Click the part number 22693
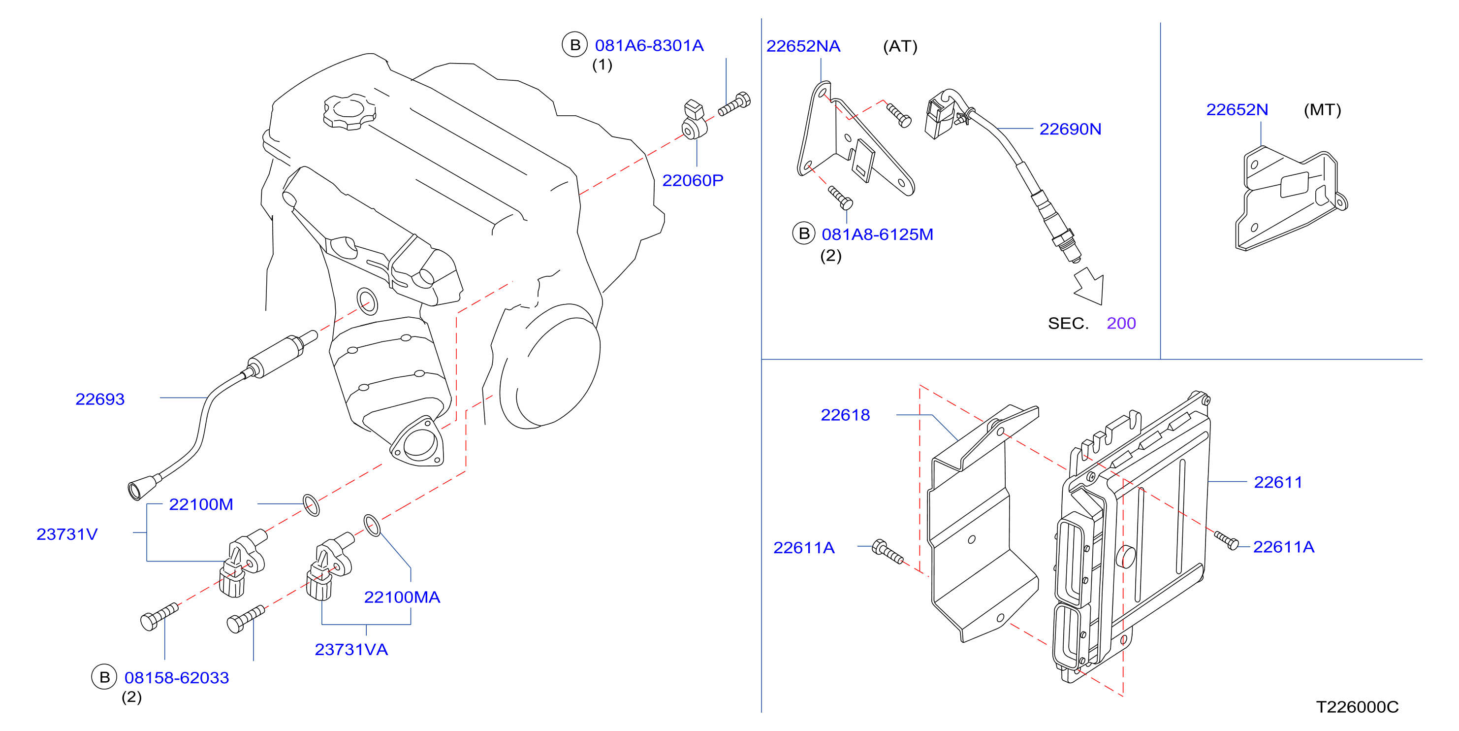pyautogui.click(x=100, y=399)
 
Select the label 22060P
pyautogui.click(x=693, y=180)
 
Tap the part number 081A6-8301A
pyautogui.click(x=649, y=45)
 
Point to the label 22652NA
pyautogui.click(x=803, y=46)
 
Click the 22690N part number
pyautogui.click(x=1070, y=129)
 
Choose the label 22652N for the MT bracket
pyautogui.click(x=1237, y=109)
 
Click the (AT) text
pyautogui.click(x=900, y=46)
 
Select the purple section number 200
pyautogui.click(x=1121, y=323)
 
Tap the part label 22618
pyautogui.click(x=845, y=415)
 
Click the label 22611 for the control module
pyautogui.click(x=1278, y=482)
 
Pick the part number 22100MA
pyautogui.click(x=402, y=597)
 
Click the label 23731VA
pyautogui.click(x=351, y=649)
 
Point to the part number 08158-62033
pyautogui.click(x=177, y=677)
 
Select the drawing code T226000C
pyautogui.click(x=1357, y=707)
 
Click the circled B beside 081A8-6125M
pyautogui.click(x=804, y=233)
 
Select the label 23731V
pyautogui.click(x=67, y=534)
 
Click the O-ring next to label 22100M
pyautogui.click(x=311, y=505)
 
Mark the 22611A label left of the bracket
pyautogui.click(x=804, y=547)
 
